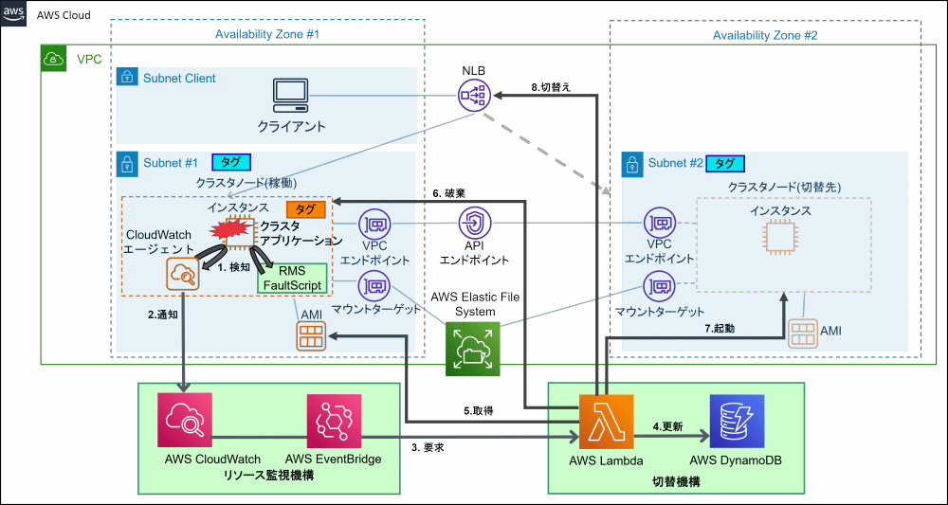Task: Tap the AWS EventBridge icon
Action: pyautogui.click(x=334, y=422)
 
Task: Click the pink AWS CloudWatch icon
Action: pyautogui.click(x=184, y=422)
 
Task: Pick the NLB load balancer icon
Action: pyautogui.click(x=475, y=95)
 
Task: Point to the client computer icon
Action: pyautogui.click(x=291, y=95)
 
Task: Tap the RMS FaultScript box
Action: pyautogui.click(x=292, y=279)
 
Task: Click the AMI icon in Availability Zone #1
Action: pyautogui.click(x=311, y=334)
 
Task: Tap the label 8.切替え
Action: pyautogui.click(x=552, y=86)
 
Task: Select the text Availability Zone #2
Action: pyautogui.click(x=765, y=35)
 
